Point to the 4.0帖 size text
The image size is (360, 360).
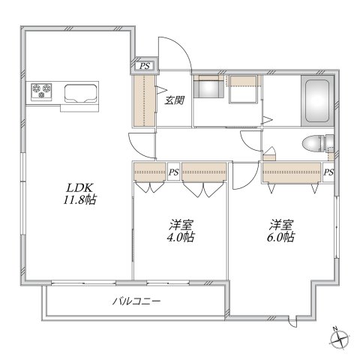click(180, 237)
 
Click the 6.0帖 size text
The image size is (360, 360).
click(282, 237)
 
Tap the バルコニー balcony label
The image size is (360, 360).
click(136, 301)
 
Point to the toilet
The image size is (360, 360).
click(315, 144)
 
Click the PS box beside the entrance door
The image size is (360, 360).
click(143, 67)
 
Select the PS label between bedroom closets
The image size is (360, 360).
click(173, 172)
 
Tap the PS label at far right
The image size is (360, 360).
click(328, 172)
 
